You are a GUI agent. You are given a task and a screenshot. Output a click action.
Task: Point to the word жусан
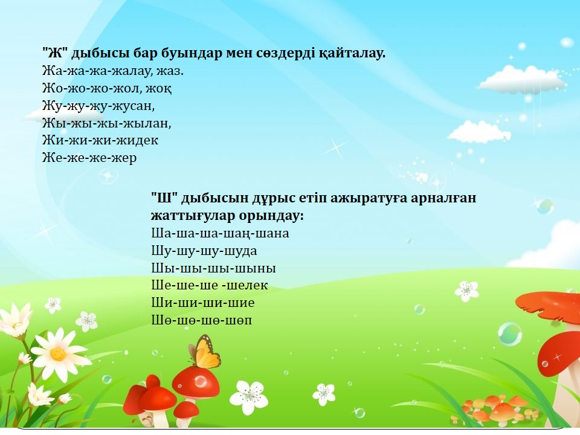click(x=135, y=106)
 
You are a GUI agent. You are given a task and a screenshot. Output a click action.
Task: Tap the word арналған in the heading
click(x=443, y=199)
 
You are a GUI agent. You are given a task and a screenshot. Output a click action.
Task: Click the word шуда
click(x=241, y=251)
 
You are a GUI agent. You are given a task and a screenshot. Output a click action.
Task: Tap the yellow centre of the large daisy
click(x=58, y=353)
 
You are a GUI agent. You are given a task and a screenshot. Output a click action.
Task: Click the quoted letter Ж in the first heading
click(x=54, y=54)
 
